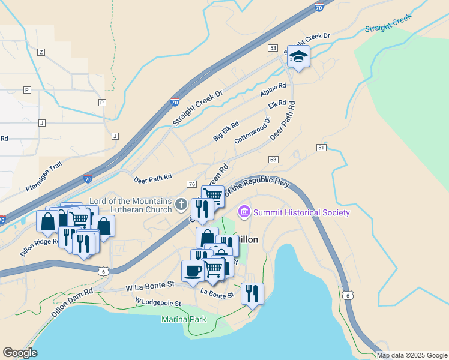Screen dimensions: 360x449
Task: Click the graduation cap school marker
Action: pyautogui.click(x=298, y=57)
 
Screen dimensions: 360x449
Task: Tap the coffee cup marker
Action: pyautogui.click(x=193, y=271)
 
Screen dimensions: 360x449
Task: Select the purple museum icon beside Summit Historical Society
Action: pyautogui.click(x=244, y=212)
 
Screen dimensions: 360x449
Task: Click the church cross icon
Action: pyautogui.click(x=180, y=205)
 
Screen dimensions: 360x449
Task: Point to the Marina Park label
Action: pyautogui.click(x=184, y=319)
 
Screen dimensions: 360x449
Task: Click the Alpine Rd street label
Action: pyautogui.click(x=273, y=91)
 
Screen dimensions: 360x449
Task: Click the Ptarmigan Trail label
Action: pyautogui.click(x=44, y=179)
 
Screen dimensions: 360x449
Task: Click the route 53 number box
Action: pyautogui.click(x=273, y=47)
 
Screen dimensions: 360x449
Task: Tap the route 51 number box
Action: pyautogui.click(x=321, y=147)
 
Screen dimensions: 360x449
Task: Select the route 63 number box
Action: pyautogui.click(x=273, y=159)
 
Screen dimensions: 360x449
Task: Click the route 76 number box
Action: pyautogui.click(x=191, y=184)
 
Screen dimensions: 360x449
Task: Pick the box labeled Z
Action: pyautogui.click(x=41, y=52)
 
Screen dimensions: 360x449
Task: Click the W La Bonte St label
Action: pyautogui.click(x=149, y=288)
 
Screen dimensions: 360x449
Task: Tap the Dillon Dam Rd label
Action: pyautogui.click(x=72, y=304)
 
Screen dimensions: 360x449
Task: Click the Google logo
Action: pyautogui.click(x=20, y=353)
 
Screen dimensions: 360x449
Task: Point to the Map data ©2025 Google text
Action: pyautogui.click(x=411, y=355)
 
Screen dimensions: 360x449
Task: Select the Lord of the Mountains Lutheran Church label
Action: pyautogui.click(x=130, y=205)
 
